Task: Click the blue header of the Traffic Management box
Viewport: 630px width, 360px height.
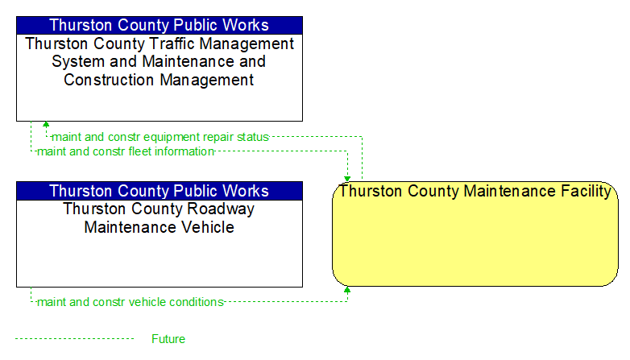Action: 160,25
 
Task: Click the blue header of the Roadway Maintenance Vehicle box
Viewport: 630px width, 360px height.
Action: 160,191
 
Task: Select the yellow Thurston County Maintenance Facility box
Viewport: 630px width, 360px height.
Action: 475,234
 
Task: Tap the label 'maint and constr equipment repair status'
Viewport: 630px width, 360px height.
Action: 160,137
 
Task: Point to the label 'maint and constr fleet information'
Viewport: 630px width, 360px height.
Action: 126,151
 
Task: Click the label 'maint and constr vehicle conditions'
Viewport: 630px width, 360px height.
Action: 131,302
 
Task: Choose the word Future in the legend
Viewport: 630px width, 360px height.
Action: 168,339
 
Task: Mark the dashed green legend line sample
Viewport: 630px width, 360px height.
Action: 75,339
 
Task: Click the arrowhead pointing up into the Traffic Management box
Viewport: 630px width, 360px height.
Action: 46,124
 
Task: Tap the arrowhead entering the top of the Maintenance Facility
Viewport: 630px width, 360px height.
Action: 347,179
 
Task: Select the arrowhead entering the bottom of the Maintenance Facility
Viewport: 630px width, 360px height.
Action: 347,289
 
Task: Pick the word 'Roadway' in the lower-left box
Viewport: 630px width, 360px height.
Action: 221,209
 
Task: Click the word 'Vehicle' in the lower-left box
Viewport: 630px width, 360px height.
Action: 207,227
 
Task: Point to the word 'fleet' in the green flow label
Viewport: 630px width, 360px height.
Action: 139,151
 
